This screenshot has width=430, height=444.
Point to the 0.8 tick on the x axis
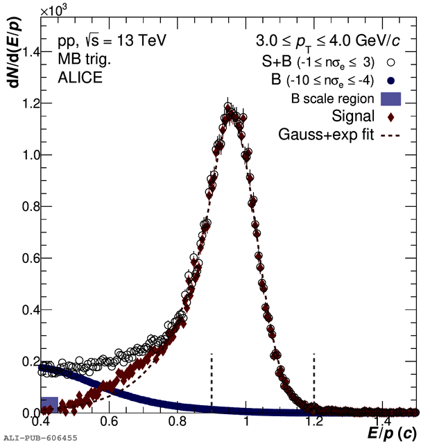click(179, 413)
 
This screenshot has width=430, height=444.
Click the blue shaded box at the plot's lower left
click(49, 405)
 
